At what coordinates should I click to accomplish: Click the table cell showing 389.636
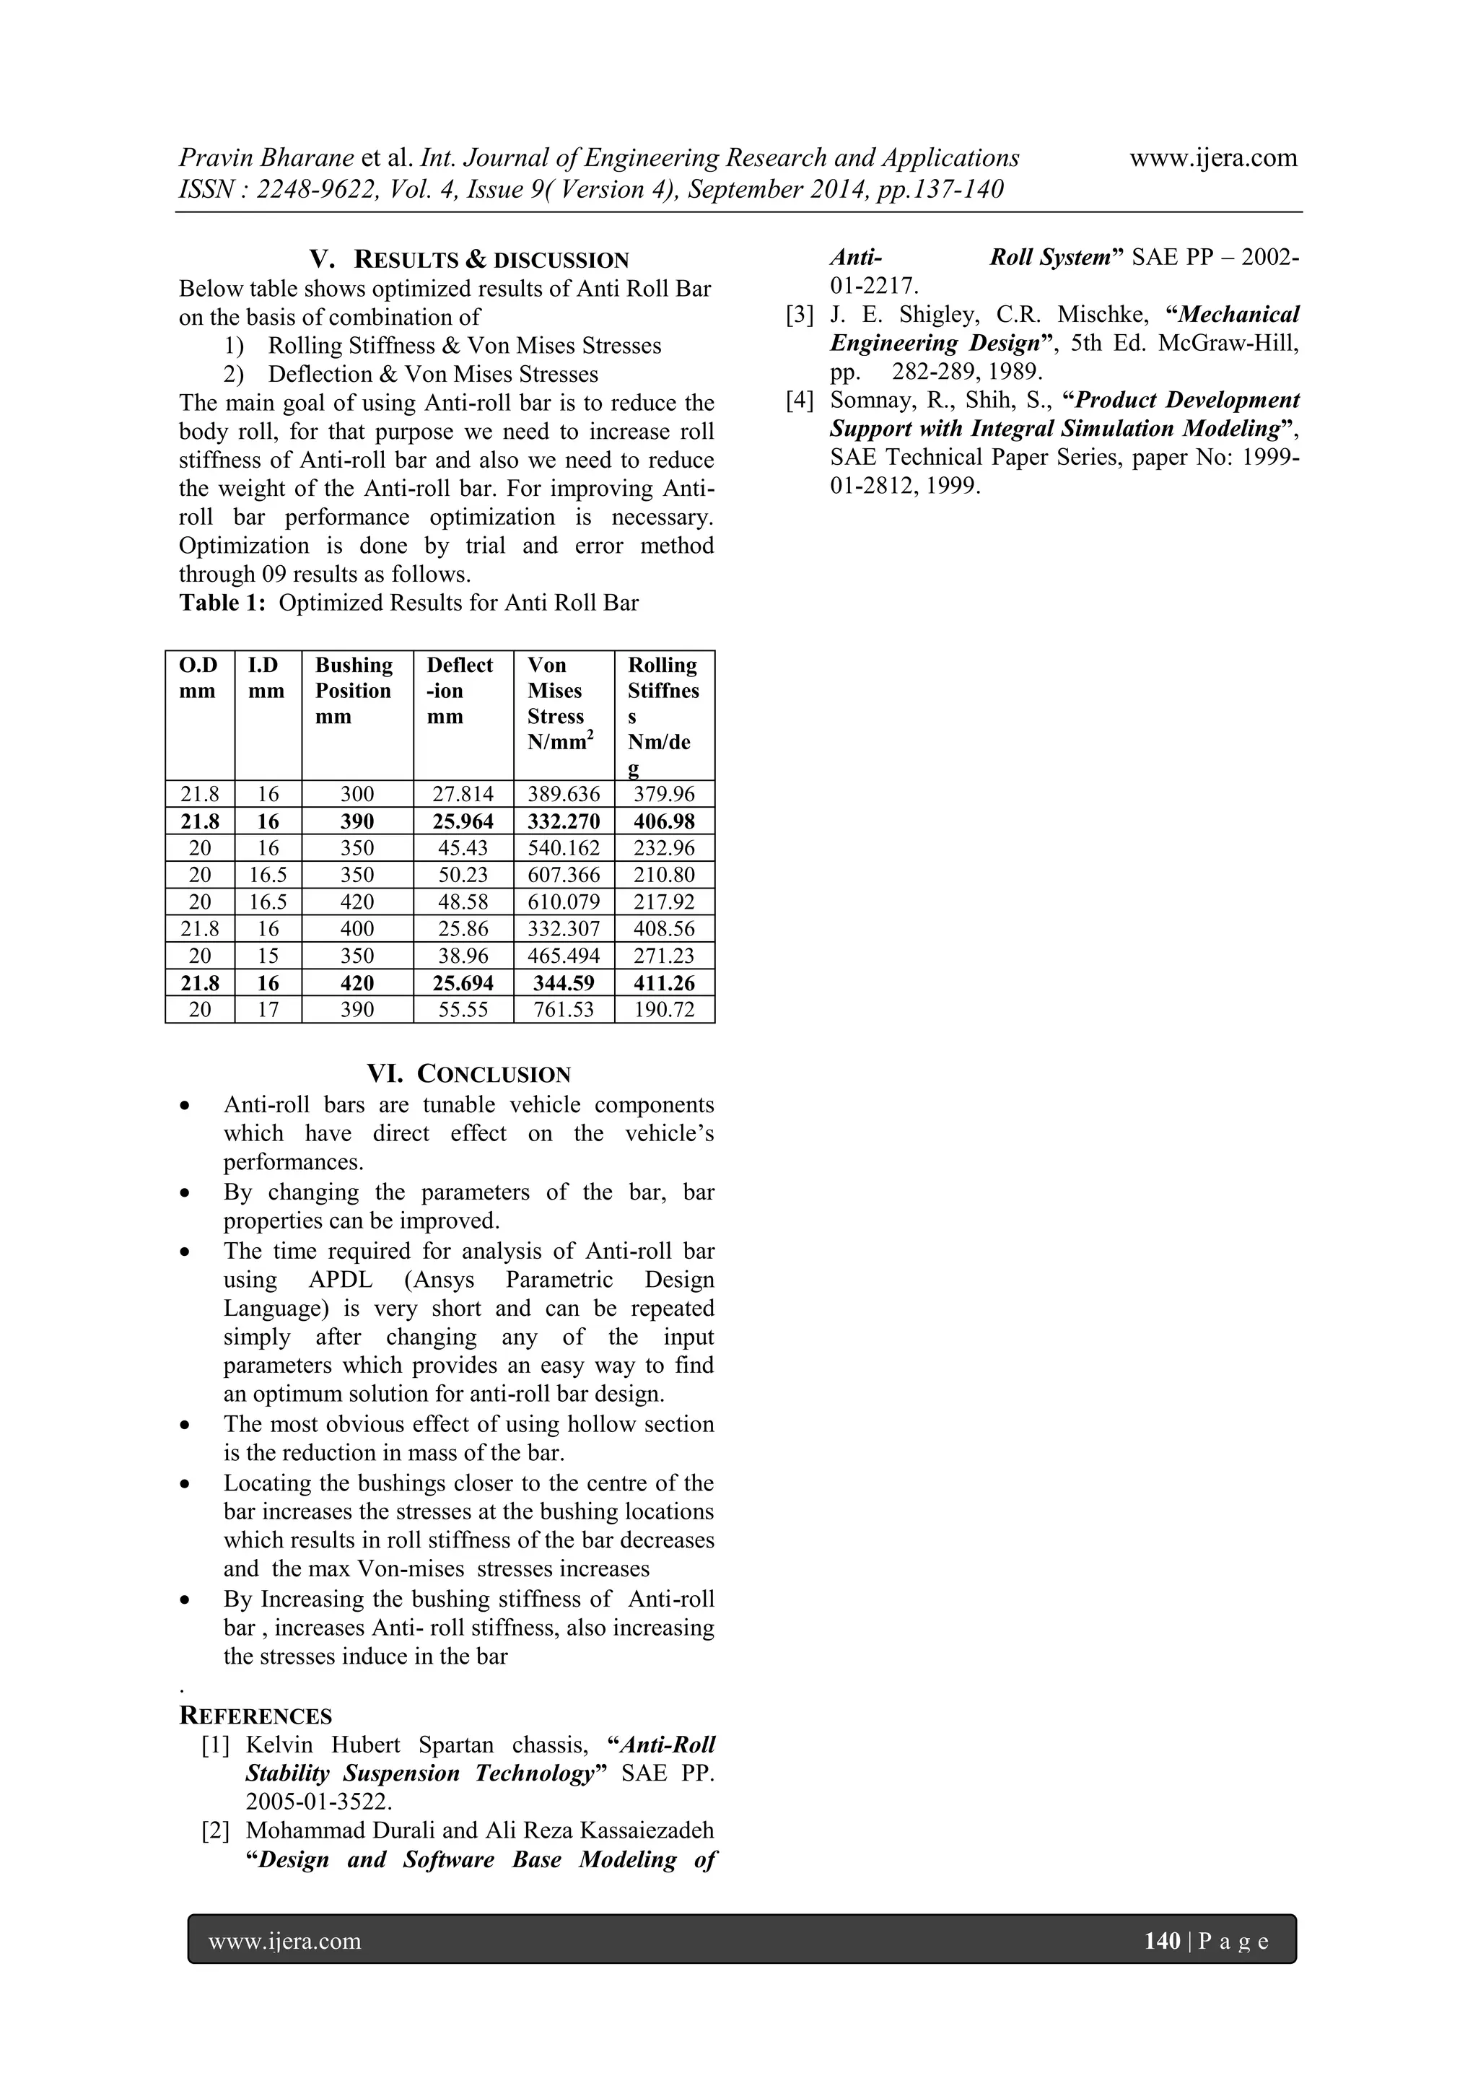click(x=564, y=794)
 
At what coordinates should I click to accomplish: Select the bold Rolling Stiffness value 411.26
click(x=664, y=984)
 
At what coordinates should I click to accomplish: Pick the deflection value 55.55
click(x=463, y=1010)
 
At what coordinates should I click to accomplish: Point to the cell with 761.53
click(x=564, y=1010)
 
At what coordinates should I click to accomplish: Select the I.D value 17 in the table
click(x=268, y=1010)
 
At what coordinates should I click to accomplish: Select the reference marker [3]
click(x=799, y=315)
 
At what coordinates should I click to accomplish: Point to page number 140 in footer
click(x=1161, y=1941)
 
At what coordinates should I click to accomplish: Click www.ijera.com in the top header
click(x=1212, y=159)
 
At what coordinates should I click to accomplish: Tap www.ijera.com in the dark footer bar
click(x=285, y=1942)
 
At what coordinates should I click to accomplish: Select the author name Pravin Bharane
click(x=266, y=159)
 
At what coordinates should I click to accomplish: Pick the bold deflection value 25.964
click(x=463, y=821)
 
